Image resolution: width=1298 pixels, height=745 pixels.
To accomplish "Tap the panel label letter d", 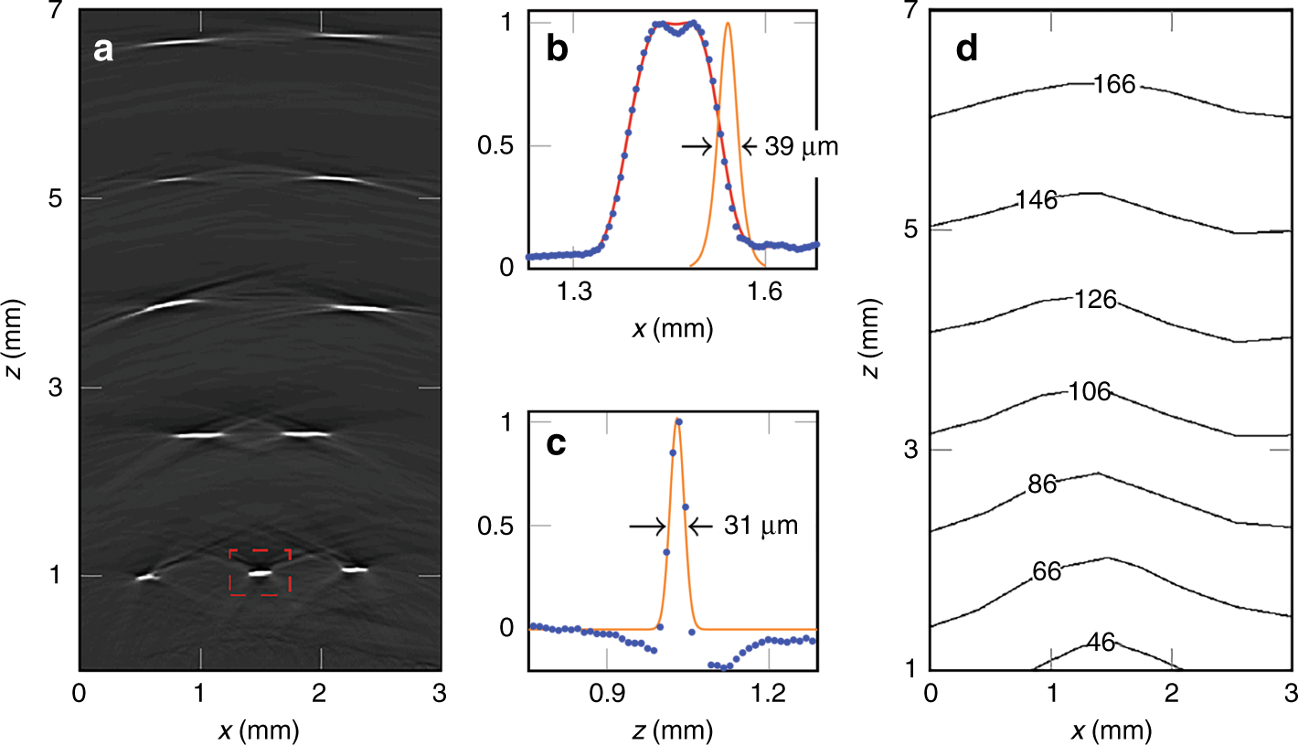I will (967, 50).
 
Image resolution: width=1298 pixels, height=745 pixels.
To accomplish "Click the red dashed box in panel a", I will (260, 572).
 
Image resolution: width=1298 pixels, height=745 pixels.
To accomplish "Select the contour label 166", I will (1113, 85).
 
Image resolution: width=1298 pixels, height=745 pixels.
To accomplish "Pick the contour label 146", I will (1036, 201).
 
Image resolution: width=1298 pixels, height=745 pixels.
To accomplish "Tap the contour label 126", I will (1095, 299).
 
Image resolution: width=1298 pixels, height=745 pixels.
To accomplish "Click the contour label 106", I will (1089, 392).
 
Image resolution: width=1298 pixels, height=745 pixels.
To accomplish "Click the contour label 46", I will (1101, 643).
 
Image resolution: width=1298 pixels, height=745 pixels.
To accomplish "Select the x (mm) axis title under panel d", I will (1110, 731).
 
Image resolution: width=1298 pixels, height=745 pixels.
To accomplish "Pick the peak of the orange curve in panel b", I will (728, 24).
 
